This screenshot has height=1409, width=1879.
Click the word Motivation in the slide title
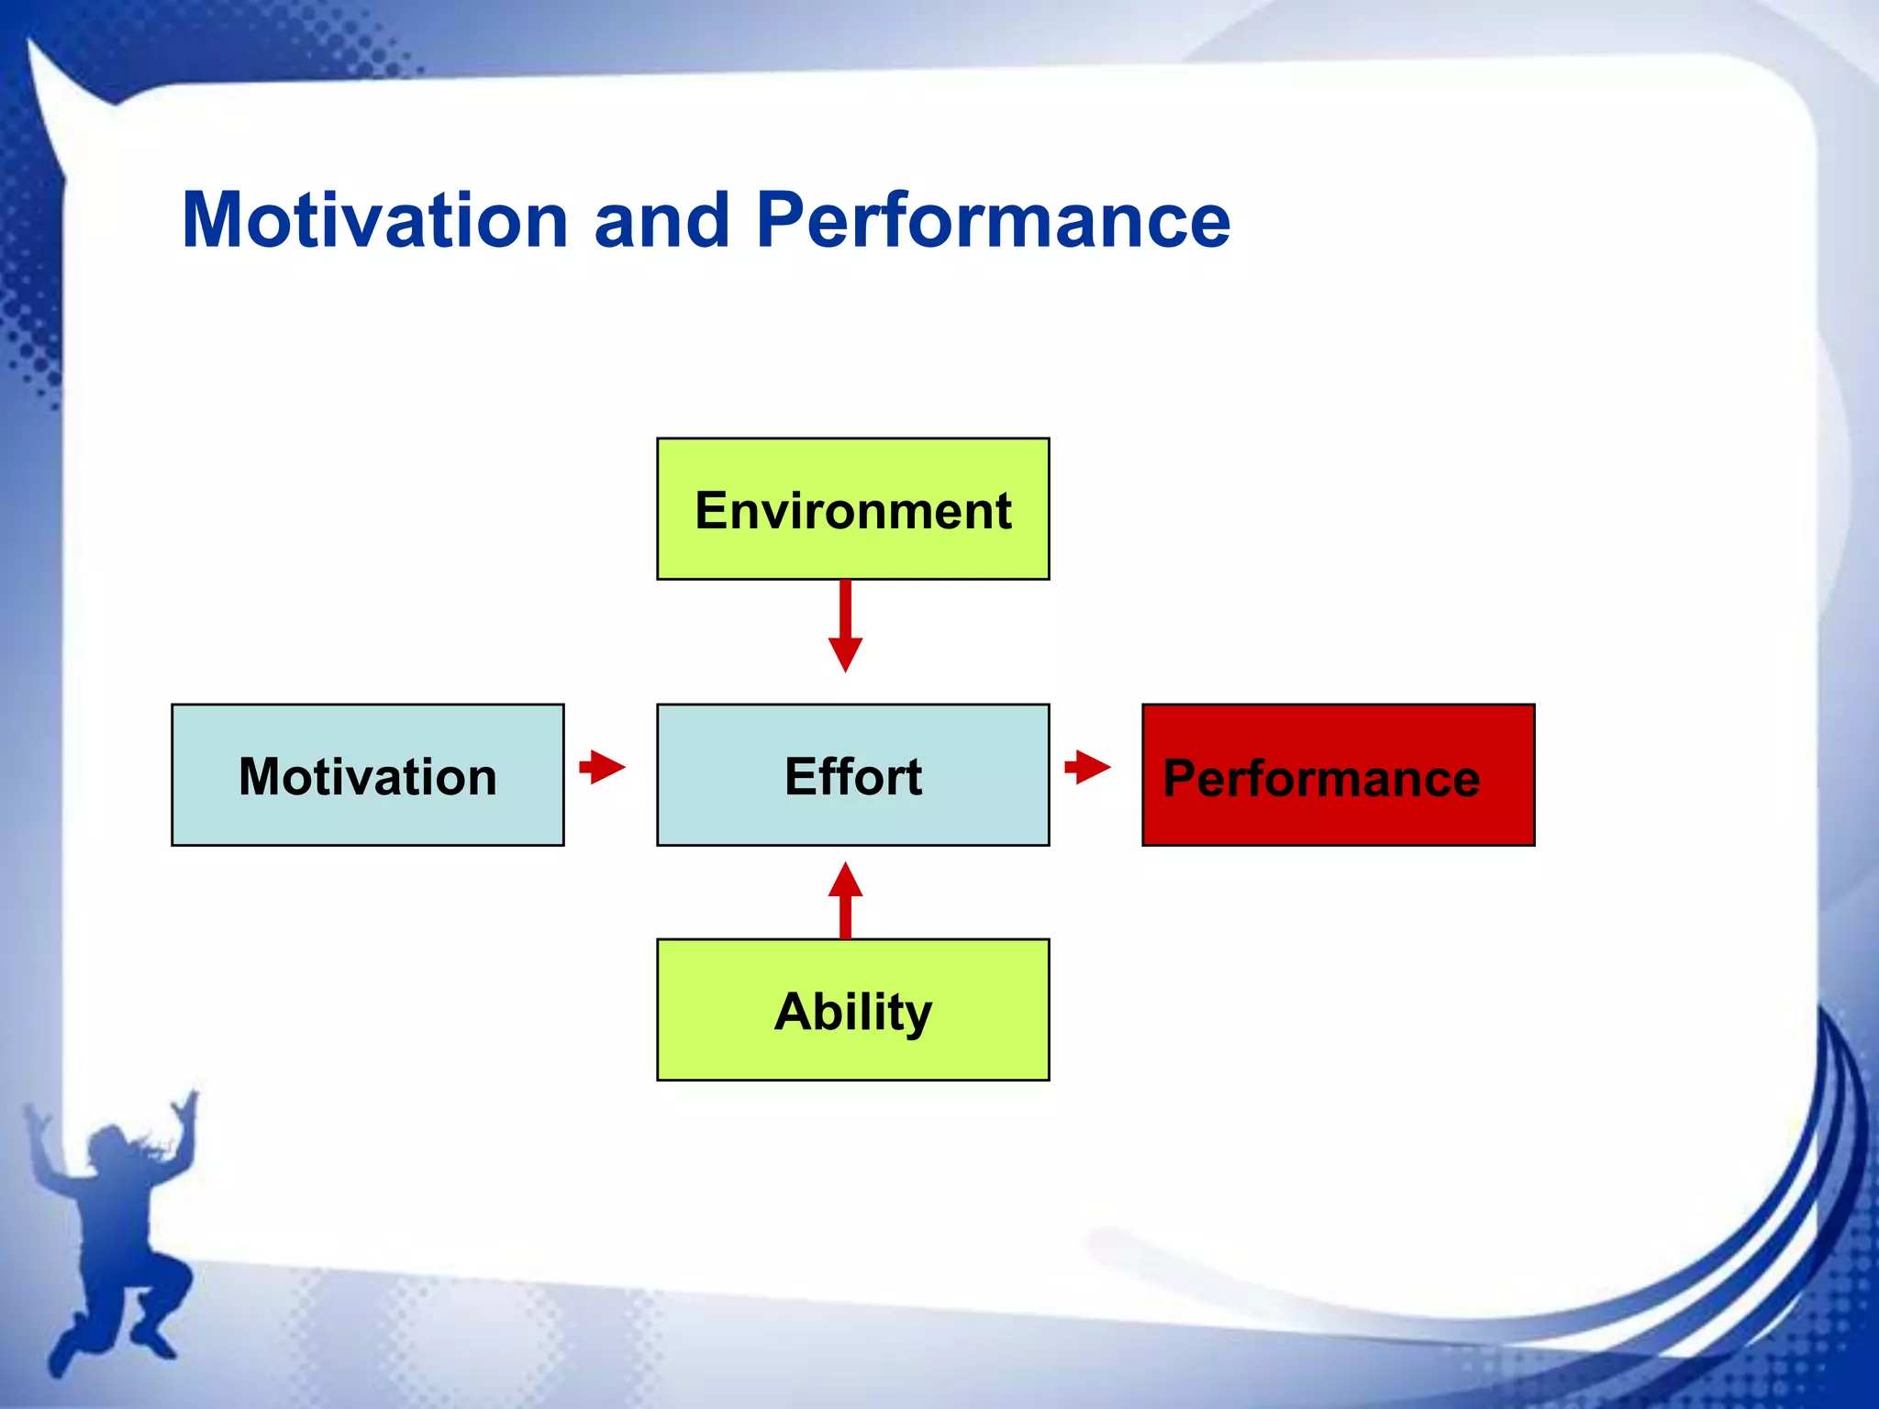click(375, 221)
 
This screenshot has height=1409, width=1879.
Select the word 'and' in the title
click(662, 221)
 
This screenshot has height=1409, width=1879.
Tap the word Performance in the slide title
click(993, 221)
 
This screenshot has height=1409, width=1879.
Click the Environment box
click(852, 509)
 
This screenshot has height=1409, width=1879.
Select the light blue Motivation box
click(367, 775)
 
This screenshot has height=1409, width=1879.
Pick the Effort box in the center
click(852, 775)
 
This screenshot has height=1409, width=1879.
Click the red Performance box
click(1338, 775)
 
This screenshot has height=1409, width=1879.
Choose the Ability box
click(852, 1010)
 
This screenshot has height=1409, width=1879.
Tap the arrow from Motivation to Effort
click(602, 766)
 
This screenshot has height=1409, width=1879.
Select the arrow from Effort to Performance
click(1087, 766)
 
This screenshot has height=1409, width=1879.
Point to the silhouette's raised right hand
click(188, 1105)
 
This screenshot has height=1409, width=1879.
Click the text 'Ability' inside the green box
click(852, 1012)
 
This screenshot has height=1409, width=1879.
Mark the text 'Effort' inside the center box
click(852, 777)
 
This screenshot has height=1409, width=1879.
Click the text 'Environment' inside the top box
click(852, 511)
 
